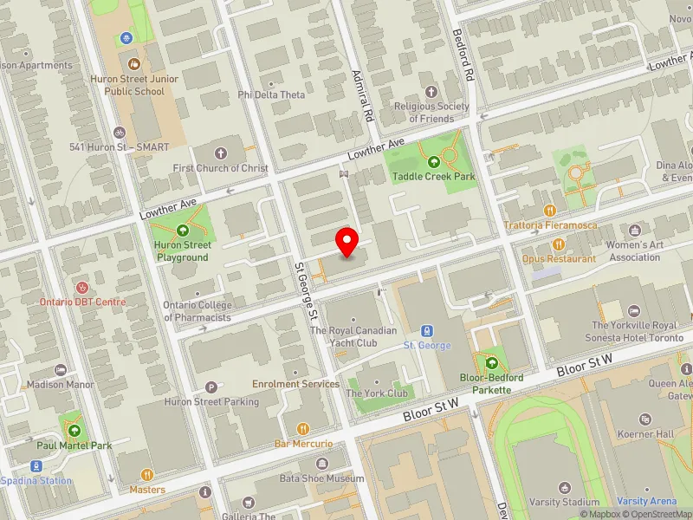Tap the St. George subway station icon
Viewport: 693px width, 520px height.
pyautogui.click(x=427, y=330)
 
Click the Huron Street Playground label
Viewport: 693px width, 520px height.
pyautogui.click(x=182, y=251)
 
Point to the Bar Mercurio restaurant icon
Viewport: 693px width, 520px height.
pyautogui.click(x=303, y=428)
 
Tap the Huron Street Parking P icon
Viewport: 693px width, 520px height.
pyautogui.click(x=210, y=387)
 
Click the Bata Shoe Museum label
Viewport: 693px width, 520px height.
pyautogui.click(x=322, y=478)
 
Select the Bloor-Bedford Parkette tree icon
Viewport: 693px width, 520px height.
pyautogui.click(x=491, y=363)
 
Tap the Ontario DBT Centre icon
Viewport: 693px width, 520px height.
pyautogui.click(x=82, y=286)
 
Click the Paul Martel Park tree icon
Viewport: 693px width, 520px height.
pyautogui.click(x=74, y=430)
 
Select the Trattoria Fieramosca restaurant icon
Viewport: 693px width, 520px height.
pyautogui.click(x=549, y=210)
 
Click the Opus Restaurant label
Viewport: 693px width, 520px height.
pyautogui.click(x=559, y=258)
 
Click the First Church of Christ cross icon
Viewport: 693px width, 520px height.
pyautogui.click(x=220, y=153)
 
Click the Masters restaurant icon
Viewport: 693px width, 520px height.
pyautogui.click(x=147, y=474)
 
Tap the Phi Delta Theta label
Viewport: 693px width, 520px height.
pyautogui.click(x=271, y=94)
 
